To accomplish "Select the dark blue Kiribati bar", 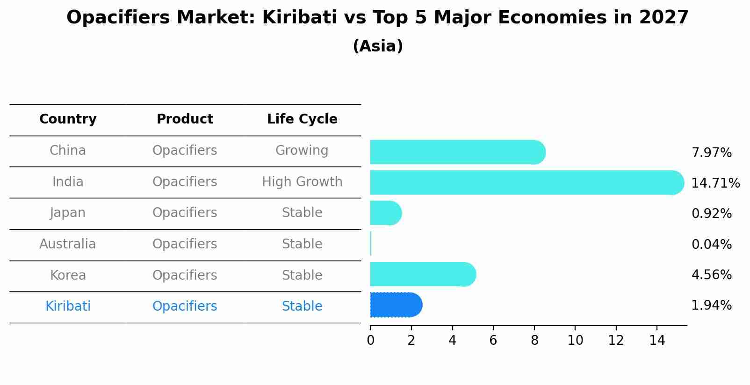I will pos(396,305).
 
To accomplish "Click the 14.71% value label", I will pos(715,183).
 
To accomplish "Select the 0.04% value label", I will pos(711,244).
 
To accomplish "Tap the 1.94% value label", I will pos(711,305).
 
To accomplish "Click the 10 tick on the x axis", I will pos(575,341).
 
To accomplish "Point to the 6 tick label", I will pos(493,341).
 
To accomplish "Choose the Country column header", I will pos(68,119).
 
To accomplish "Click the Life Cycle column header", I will pos(302,119).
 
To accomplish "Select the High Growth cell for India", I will pos(302,182).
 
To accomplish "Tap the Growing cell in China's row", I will pos(302,151).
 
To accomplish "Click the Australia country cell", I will pos(67,244).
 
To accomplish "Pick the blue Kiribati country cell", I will pos(68,306).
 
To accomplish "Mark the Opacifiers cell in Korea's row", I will pos(185,275).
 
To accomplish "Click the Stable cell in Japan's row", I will pos(302,213).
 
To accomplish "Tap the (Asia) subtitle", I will pos(378,46).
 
